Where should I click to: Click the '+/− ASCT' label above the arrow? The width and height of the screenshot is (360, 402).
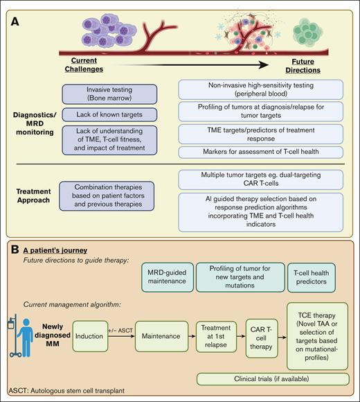[x=120, y=332]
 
